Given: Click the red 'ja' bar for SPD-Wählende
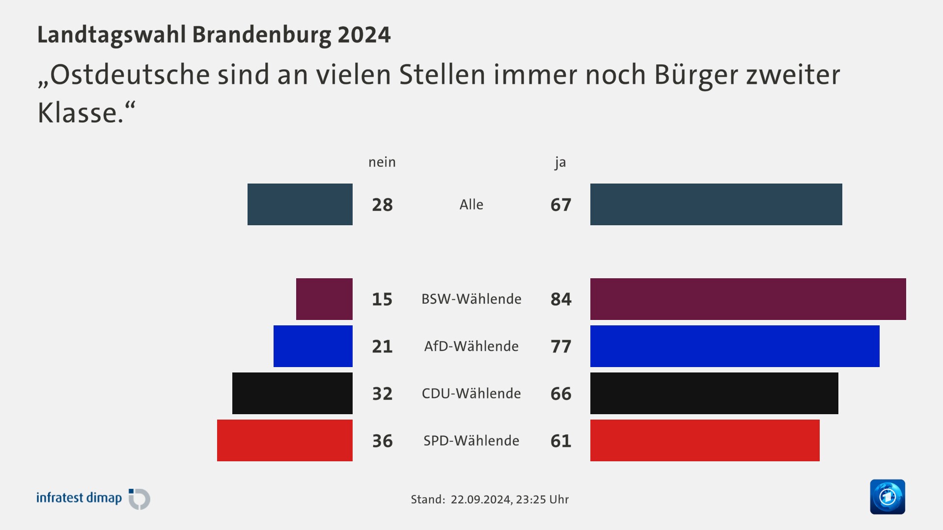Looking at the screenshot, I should coord(705,440).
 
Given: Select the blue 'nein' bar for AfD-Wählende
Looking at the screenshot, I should coord(313,346).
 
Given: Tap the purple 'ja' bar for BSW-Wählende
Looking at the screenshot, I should coord(748,299).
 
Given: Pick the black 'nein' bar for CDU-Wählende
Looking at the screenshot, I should coord(292,393).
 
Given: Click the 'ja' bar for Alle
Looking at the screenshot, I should coord(716,204).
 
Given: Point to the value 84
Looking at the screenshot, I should coord(561,299).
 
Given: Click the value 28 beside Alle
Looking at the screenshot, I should coord(382,205).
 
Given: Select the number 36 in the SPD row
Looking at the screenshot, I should coord(382,441).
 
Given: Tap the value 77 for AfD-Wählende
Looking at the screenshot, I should coord(561,346).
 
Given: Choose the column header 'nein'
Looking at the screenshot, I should coord(382,162).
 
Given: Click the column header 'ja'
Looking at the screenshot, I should coord(560,162).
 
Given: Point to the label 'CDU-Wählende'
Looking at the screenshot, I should coord(471,394).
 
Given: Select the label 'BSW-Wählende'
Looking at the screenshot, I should coord(471,299).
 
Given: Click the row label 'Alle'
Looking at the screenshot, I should coord(471,205).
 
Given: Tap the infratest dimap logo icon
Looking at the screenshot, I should coord(139,499).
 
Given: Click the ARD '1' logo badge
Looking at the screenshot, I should coord(887,497).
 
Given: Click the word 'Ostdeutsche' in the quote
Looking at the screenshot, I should coord(130,75).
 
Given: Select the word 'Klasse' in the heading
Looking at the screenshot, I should coord(78,113).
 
